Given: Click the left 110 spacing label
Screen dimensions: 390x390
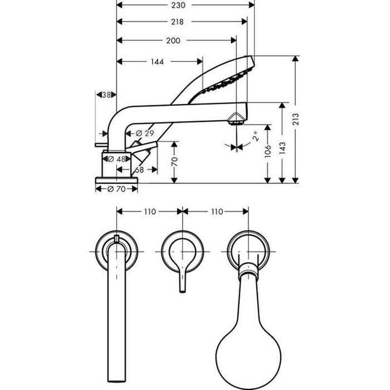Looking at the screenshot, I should [149, 212].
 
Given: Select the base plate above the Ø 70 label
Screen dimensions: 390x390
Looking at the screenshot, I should [116, 179].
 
